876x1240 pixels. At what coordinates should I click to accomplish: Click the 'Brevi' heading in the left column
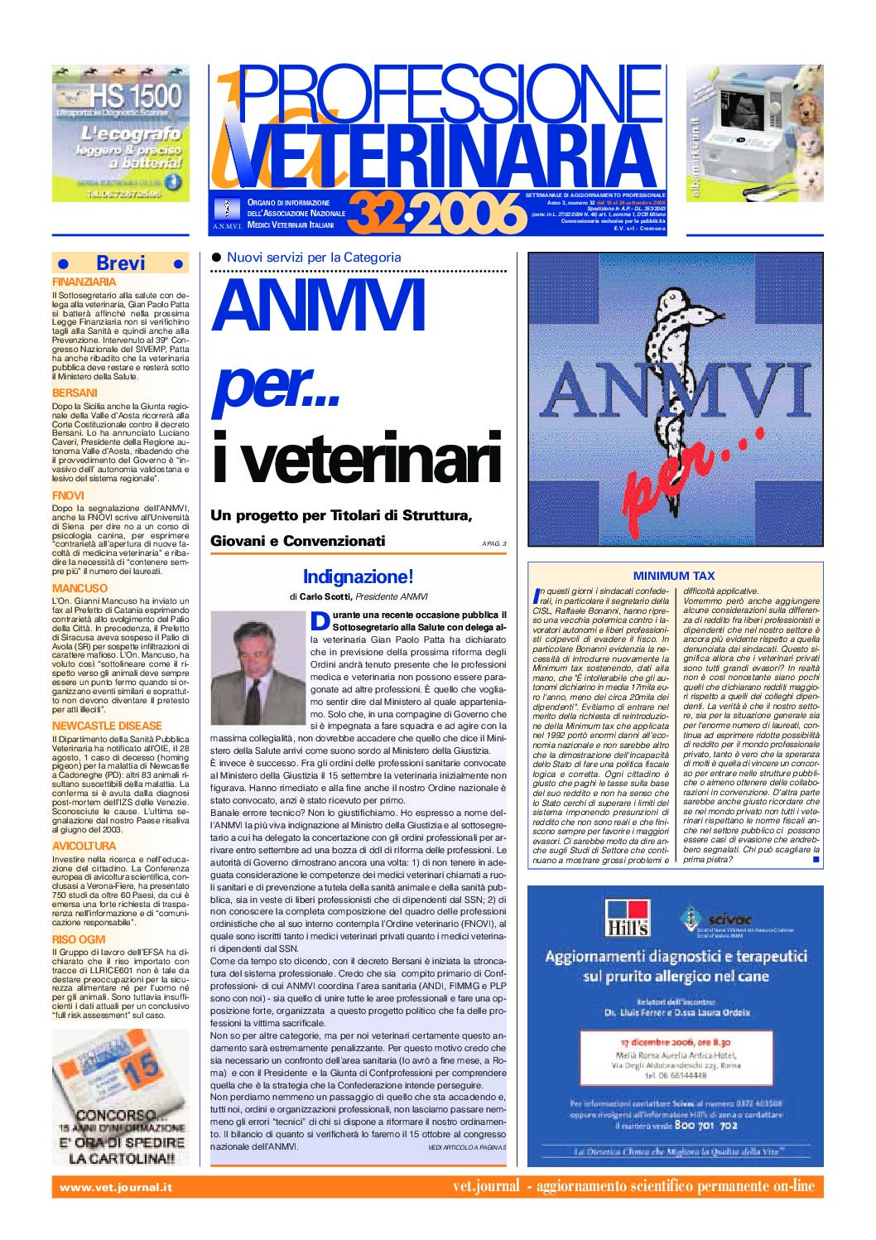120,263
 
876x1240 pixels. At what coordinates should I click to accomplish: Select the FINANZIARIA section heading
84,282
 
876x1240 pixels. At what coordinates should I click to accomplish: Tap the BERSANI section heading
75,393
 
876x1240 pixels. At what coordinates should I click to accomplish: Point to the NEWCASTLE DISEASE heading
107,726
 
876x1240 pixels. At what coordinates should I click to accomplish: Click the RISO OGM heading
79,939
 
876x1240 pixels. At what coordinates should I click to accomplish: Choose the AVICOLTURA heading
84,846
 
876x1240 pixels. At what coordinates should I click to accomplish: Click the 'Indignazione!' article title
358,577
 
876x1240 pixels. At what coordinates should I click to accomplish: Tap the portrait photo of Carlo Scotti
257,667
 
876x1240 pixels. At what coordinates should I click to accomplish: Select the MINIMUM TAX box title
673,575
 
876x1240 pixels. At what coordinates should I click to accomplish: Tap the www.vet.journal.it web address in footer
116,1187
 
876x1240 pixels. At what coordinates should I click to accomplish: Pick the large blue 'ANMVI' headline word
319,306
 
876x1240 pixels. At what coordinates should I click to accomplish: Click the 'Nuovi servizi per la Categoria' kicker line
314,258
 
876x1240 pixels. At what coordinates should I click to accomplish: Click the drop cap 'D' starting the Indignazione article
320,620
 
